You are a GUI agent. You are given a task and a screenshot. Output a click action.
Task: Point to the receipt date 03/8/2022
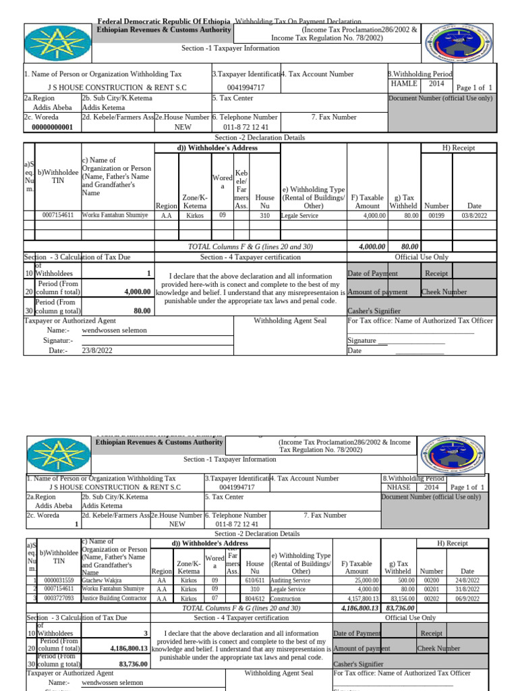pyautogui.click(x=474, y=215)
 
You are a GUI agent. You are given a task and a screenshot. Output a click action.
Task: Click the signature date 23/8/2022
pyautogui.click(x=98, y=350)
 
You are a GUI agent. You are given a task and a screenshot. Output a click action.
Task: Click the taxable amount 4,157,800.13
pyautogui.click(x=357, y=598)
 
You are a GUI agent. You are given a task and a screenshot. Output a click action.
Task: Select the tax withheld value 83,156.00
pyautogui.click(x=400, y=598)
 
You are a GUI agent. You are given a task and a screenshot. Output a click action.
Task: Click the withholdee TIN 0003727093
pyautogui.click(x=59, y=598)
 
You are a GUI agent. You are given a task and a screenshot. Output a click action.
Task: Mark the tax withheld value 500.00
pyautogui.click(x=404, y=580)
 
